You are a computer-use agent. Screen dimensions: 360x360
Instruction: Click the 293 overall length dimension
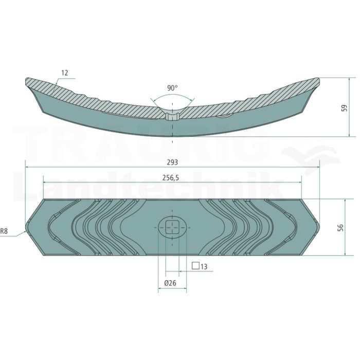[x=172, y=163]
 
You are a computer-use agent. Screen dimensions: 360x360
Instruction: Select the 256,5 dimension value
[x=171, y=178]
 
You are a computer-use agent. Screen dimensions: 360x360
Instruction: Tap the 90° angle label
[x=172, y=88]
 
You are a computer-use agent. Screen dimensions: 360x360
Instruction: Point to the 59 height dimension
[x=345, y=108]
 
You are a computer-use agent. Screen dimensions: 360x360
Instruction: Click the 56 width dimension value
[x=340, y=227]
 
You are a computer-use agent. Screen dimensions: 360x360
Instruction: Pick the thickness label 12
[x=65, y=73]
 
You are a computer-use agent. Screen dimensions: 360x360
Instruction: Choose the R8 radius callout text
[x=4, y=231]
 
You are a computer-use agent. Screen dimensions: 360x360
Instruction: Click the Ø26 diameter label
[x=170, y=283]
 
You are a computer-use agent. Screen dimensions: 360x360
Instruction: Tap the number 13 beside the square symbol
[x=204, y=266]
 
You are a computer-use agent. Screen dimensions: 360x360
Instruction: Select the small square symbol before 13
[x=195, y=266]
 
